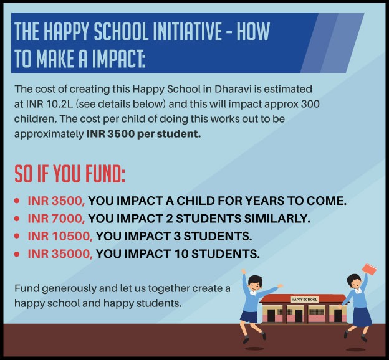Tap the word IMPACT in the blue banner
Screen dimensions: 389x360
click(118, 59)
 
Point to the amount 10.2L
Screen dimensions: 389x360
click(60, 104)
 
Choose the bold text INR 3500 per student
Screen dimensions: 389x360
click(143, 134)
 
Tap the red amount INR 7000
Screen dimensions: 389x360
click(56, 219)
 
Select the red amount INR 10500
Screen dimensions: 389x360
click(60, 236)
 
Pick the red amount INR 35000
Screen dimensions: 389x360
click(60, 253)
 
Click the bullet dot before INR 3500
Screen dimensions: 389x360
click(17, 201)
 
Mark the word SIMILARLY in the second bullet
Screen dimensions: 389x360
click(277, 219)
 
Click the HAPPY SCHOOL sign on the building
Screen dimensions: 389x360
click(304, 300)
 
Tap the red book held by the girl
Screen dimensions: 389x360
click(370, 269)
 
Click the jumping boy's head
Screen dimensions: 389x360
click(255, 283)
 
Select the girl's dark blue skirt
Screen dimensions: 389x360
click(362, 317)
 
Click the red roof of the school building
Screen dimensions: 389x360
click(303, 298)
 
